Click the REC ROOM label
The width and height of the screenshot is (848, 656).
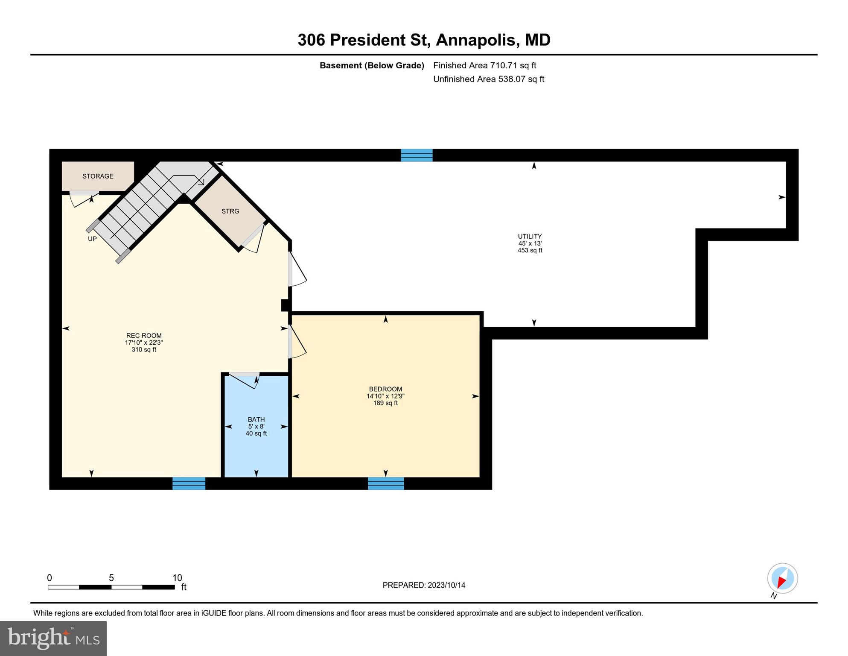[144, 336]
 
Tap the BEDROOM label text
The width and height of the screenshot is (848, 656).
[385, 389]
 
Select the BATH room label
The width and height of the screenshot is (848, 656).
[256, 419]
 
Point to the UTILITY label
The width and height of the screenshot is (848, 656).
[530, 236]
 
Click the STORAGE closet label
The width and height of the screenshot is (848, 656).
[98, 176]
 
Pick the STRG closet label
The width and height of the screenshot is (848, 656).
[230, 211]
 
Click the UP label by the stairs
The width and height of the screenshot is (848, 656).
[92, 239]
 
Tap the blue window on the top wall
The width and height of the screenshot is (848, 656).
[417, 155]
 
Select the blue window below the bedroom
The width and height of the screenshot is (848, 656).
[386, 483]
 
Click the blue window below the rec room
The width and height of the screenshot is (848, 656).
[189, 483]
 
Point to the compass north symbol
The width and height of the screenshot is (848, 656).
[782, 579]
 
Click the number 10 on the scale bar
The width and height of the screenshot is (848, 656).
[177, 578]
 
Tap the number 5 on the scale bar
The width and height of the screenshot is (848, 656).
[111, 578]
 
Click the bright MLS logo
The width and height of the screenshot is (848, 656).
[53, 638]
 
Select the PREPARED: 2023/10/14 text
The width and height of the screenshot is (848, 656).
[424, 585]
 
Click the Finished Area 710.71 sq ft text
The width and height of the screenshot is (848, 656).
[484, 65]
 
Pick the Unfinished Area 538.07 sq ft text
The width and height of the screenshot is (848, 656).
[488, 79]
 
